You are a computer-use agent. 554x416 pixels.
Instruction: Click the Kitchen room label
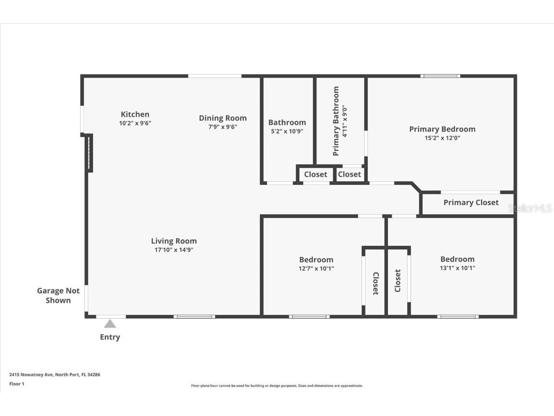tap(135, 115)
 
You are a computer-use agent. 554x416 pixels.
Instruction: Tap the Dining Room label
tap(223, 118)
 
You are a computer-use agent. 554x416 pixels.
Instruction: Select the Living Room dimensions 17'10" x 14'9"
tap(174, 250)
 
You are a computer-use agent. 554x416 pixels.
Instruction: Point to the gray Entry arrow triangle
tap(110, 324)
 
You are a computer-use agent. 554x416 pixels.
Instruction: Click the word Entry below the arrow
tap(110, 337)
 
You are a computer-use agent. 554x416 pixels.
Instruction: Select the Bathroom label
tap(287, 122)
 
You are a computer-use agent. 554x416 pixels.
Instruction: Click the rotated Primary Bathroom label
tap(336, 121)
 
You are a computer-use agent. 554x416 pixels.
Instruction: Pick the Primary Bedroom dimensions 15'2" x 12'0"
tap(442, 138)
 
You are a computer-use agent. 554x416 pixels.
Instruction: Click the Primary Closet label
tap(471, 202)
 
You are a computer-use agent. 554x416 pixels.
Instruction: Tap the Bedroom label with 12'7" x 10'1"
tap(316, 260)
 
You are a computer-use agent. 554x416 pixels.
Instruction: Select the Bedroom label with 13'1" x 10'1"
tap(457, 259)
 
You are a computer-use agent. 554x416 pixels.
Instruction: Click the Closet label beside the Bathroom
tap(315, 174)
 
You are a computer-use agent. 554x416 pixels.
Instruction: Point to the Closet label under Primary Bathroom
tap(349, 174)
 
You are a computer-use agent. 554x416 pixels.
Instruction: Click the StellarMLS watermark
tap(530, 208)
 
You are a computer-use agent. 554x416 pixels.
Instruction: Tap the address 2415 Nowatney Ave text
tap(54, 374)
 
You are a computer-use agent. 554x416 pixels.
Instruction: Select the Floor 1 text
tap(16, 384)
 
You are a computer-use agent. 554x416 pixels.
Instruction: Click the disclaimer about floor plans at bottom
tap(277, 386)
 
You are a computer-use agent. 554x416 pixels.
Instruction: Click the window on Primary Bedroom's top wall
tap(440, 76)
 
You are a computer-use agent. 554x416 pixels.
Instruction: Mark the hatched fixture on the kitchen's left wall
tap(88, 153)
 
